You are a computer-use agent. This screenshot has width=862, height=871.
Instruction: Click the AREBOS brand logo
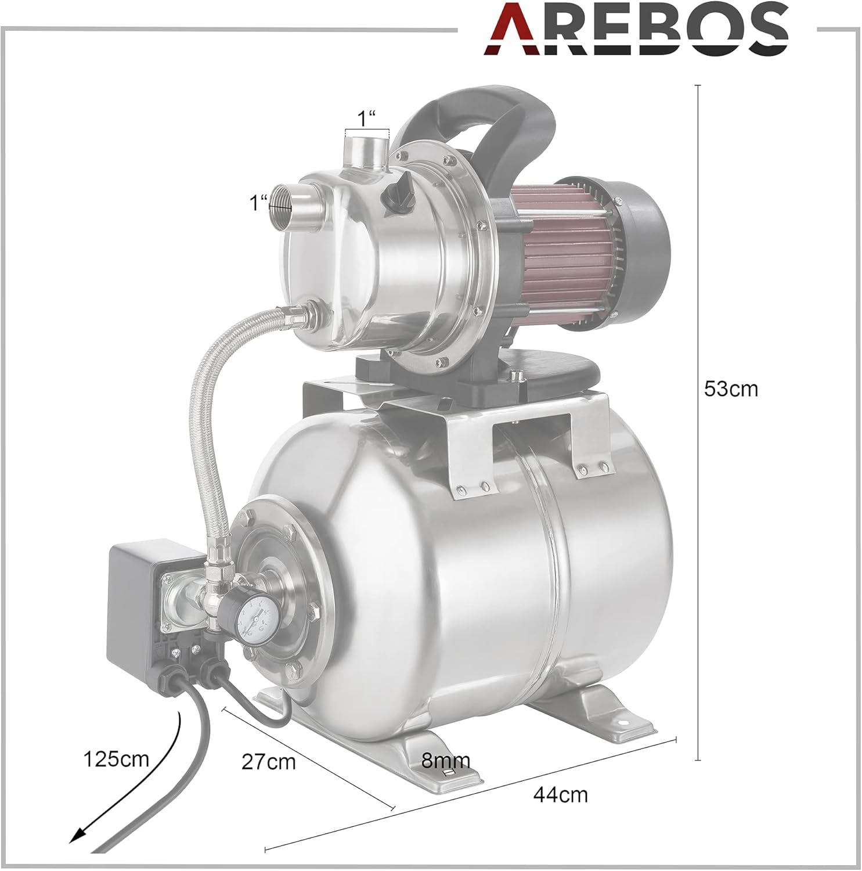pyautogui.click(x=636, y=30)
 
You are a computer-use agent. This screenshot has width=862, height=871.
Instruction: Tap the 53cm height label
pyautogui.click(x=731, y=388)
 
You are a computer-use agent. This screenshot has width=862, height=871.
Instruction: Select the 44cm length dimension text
pyautogui.click(x=560, y=794)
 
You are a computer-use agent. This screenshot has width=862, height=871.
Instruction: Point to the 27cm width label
pyautogui.click(x=269, y=761)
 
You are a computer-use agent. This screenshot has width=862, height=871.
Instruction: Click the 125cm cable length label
pyautogui.click(x=116, y=758)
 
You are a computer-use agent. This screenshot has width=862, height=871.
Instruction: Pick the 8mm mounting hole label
pyautogui.click(x=446, y=760)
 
